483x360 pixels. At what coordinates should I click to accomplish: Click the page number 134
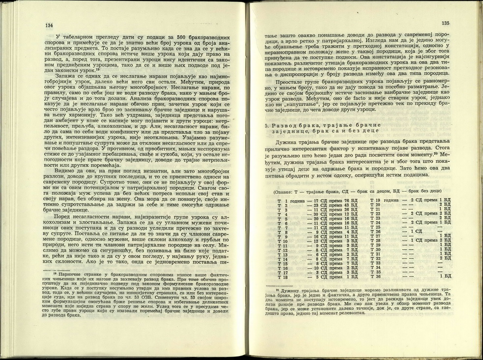[x=49, y=26]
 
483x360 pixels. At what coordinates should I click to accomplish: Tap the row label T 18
[x=282, y=277]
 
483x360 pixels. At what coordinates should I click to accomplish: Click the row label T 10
[x=282, y=241]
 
